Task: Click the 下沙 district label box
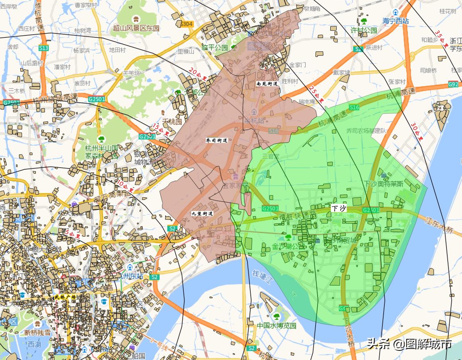pos(339,208)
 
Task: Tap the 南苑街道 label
pos(267,84)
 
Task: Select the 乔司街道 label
pos(216,141)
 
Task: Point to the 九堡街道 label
pos(202,213)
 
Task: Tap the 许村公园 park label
pos(364,30)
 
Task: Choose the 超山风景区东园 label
pos(136,28)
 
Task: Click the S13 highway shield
pos(44,48)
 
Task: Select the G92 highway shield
pos(453,84)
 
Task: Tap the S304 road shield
pos(187,24)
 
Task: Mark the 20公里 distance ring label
pos(198,74)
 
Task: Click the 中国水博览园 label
pos(277,325)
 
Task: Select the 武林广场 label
pos(65,297)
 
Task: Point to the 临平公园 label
pos(215,48)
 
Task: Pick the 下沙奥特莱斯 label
pos(384,184)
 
